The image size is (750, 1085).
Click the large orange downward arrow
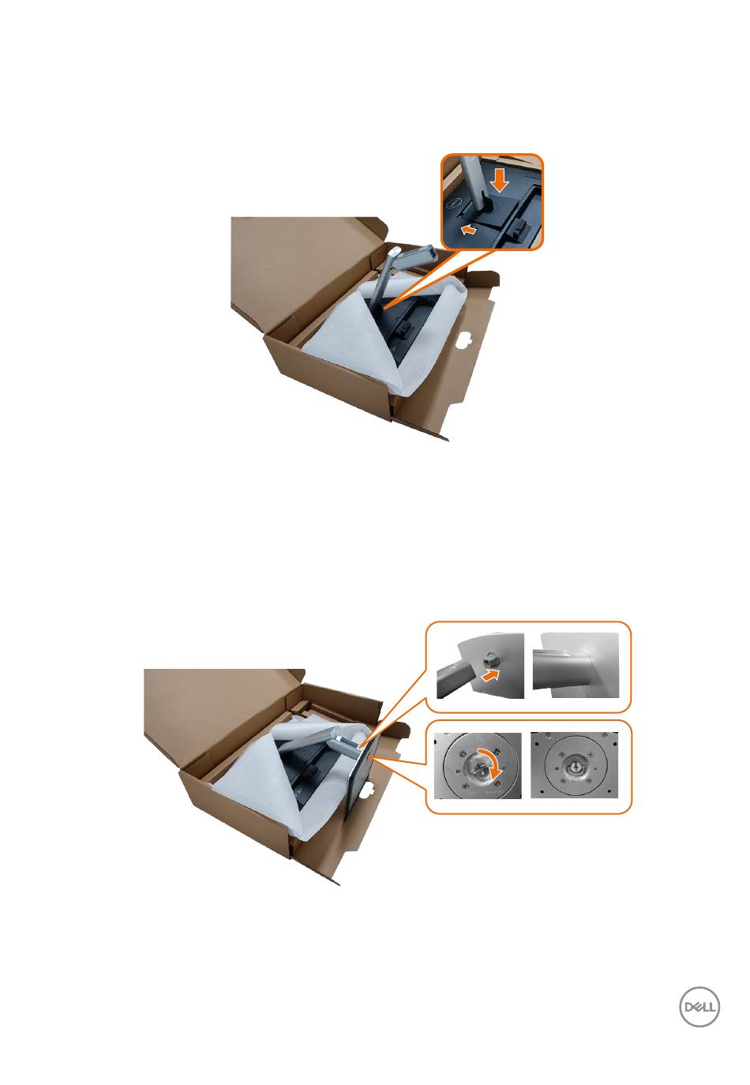[499, 180]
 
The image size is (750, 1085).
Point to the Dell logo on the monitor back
[455, 205]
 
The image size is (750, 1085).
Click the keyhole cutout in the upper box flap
[465, 336]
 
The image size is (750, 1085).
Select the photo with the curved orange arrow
[478, 765]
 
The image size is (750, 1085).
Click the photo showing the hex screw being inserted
[480, 665]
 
